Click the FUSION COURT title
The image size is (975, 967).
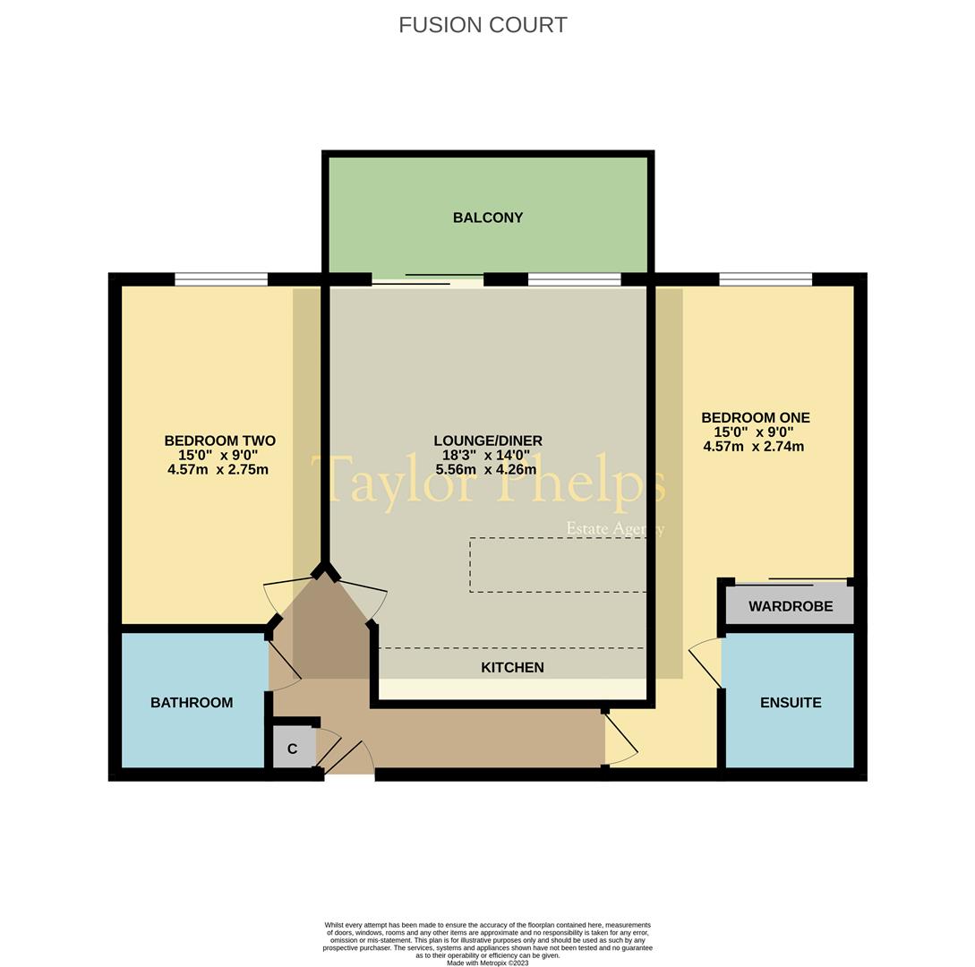[483, 25]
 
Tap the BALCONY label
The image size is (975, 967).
[488, 218]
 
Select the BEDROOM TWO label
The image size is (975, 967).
[219, 441]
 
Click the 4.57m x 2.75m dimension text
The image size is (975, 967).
[218, 469]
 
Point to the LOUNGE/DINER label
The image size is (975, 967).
[488, 441]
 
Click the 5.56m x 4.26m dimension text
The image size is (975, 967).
[486, 469]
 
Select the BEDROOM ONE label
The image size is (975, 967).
[755, 417]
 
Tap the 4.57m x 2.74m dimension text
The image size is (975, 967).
[753, 446]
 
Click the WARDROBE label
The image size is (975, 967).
[791, 606]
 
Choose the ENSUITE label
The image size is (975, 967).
[791, 703]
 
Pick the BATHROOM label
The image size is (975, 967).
[192, 703]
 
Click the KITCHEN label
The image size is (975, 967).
[512, 667]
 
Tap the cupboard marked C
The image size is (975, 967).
[292, 749]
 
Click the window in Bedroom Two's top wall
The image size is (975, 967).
[221, 279]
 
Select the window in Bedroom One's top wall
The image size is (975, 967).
[765, 279]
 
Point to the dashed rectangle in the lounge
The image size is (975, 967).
[558, 565]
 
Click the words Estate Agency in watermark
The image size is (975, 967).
[615, 528]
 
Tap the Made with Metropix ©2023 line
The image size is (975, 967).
[488, 963]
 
